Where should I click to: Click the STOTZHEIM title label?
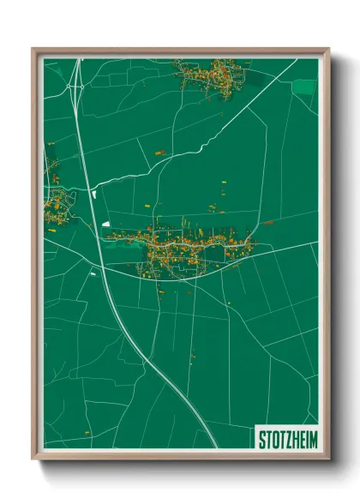point(288,438)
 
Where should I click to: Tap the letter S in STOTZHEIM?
point(263,438)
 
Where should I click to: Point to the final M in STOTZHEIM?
point(312,438)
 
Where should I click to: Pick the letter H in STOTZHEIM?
point(294,438)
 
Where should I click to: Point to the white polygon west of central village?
point(106,223)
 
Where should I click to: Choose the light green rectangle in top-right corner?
point(304,87)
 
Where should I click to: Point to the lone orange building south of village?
point(193,351)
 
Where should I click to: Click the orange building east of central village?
point(268,223)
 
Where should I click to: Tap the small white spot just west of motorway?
point(93,273)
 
